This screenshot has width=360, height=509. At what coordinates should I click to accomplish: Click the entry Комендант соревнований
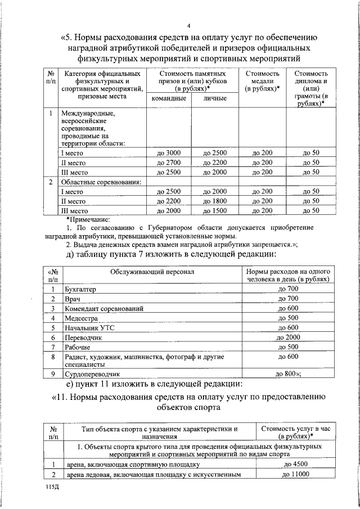104,309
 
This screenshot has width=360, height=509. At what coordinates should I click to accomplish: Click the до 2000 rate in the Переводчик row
288,337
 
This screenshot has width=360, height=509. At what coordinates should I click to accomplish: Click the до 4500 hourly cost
296,465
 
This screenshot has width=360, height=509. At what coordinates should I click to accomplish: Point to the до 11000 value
296,475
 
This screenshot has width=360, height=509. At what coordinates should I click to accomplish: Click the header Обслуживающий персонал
152,272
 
